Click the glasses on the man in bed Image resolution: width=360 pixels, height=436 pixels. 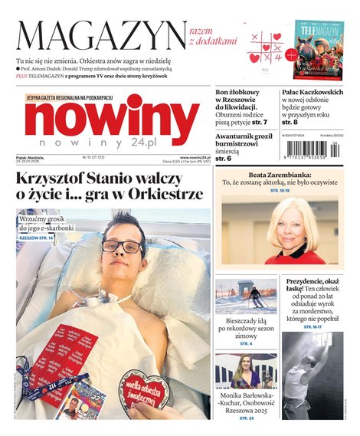point(122,247)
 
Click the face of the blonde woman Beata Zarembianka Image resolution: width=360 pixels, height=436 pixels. point(294,231)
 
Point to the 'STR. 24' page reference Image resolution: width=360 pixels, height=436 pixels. point(246,418)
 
